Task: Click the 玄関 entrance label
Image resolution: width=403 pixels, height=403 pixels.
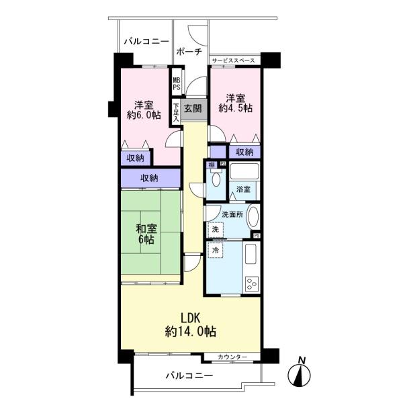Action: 193,109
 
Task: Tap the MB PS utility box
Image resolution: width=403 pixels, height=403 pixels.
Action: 177,83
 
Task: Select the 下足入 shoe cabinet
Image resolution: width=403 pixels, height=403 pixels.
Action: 176,112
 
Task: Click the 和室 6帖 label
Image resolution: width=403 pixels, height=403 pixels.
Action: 146,234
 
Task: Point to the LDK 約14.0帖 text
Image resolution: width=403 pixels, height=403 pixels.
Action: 191,325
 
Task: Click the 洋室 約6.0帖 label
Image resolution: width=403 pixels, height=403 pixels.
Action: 144,109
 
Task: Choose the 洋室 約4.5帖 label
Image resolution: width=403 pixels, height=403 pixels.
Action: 235,103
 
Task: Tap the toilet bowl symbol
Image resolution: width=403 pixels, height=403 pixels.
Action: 216,179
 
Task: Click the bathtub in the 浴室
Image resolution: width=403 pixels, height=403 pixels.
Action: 244,171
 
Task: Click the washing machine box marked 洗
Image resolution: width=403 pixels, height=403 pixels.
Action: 216,230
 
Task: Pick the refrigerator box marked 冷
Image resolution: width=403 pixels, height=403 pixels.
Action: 216,250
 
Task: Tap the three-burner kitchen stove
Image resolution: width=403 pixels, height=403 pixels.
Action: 252,283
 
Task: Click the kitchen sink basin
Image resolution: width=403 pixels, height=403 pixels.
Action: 251,254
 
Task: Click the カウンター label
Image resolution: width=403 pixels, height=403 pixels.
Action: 232,357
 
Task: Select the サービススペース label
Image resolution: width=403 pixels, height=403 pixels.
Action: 233,60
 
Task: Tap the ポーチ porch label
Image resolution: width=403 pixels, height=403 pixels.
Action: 189,52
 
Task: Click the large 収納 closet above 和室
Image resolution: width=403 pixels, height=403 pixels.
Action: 150,178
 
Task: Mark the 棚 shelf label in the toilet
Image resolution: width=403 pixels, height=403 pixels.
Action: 212,165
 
